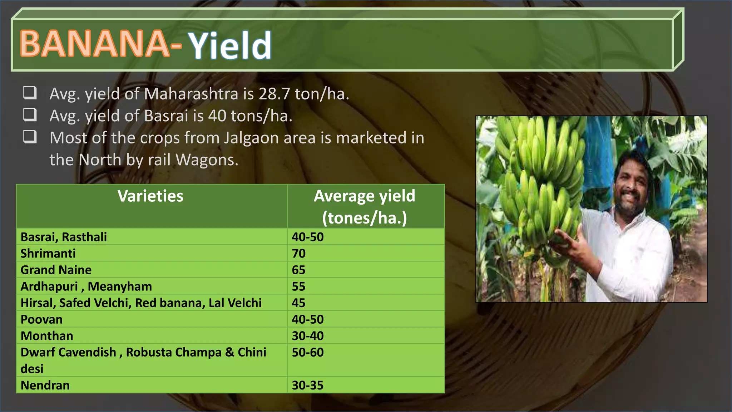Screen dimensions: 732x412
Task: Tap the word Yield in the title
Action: click(x=230, y=45)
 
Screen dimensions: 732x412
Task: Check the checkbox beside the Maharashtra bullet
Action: click(x=30, y=93)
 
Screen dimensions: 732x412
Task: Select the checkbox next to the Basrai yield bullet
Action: click(x=30, y=114)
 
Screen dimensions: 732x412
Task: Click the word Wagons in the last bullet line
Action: click(x=207, y=160)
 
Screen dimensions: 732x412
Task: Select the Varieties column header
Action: click(x=150, y=196)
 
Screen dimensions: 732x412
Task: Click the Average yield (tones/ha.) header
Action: click(x=365, y=207)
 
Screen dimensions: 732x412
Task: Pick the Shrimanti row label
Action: click(x=48, y=253)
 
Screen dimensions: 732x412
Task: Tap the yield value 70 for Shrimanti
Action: click(x=298, y=253)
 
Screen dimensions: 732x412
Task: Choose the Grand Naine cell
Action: click(x=56, y=270)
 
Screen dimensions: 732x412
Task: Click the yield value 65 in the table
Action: click(x=298, y=270)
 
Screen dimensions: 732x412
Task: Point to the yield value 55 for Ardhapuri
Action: click(x=298, y=286)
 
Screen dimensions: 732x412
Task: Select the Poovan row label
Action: click(x=41, y=319)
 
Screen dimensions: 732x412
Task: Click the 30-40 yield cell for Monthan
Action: click(x=307, y=336)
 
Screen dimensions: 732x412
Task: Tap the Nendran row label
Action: click(x=45, y=385)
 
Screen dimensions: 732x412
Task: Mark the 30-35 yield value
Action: click(x=307, y=385)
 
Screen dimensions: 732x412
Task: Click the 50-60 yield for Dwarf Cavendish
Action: click(x=307, y=352)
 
